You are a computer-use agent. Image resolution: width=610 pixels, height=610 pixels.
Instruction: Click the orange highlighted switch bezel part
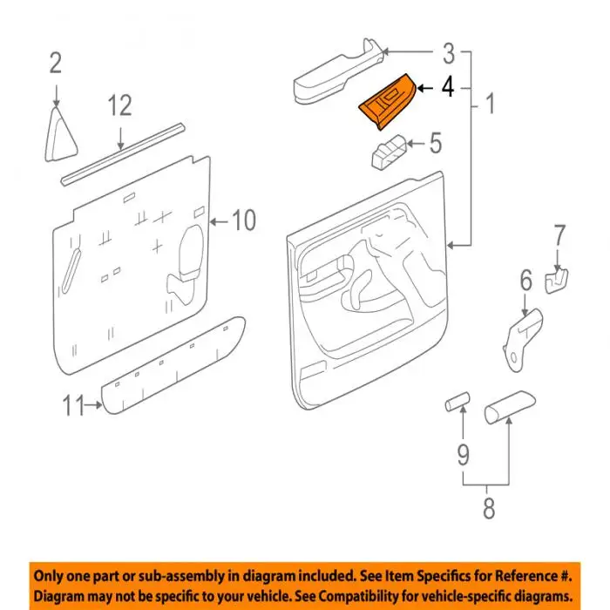click(x=387, y=103)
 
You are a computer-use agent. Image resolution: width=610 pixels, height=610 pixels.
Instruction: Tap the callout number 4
click(x=448, y=87)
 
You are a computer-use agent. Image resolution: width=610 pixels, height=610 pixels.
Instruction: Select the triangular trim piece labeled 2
click(x=60, y=134)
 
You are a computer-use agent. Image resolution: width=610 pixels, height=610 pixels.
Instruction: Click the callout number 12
click(x=120, y=105)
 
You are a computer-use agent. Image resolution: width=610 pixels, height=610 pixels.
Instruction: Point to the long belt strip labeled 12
click(x=123, y=154)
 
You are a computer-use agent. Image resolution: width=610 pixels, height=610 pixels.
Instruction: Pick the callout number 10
click(x=244, y=220)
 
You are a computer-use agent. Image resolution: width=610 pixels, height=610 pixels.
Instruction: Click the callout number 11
click(x=73, y=405)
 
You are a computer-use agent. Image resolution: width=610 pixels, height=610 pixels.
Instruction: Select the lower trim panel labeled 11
click(x=173, y=365)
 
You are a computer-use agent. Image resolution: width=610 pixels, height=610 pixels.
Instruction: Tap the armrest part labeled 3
click(x=338, y=72)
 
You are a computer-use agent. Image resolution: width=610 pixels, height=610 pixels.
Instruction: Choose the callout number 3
click(x=448, y=53)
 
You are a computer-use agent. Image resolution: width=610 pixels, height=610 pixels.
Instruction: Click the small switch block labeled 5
click(x=390, y=152)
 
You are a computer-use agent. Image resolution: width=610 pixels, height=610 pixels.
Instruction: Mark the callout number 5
click(x=436, y=143)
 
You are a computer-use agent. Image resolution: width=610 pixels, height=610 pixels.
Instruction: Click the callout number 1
click(x=491, y=104)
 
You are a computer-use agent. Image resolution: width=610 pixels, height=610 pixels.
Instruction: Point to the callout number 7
click(x=559, y=235)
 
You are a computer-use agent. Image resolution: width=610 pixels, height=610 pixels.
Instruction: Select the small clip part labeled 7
click(x=556, y=281)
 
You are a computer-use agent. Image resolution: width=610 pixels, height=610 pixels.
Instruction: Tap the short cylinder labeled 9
click(x=457, y=402)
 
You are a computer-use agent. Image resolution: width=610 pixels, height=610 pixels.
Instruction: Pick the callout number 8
click(x=489, y=508)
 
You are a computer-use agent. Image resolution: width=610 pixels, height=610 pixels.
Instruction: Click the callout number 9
click(x=463, y=454)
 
